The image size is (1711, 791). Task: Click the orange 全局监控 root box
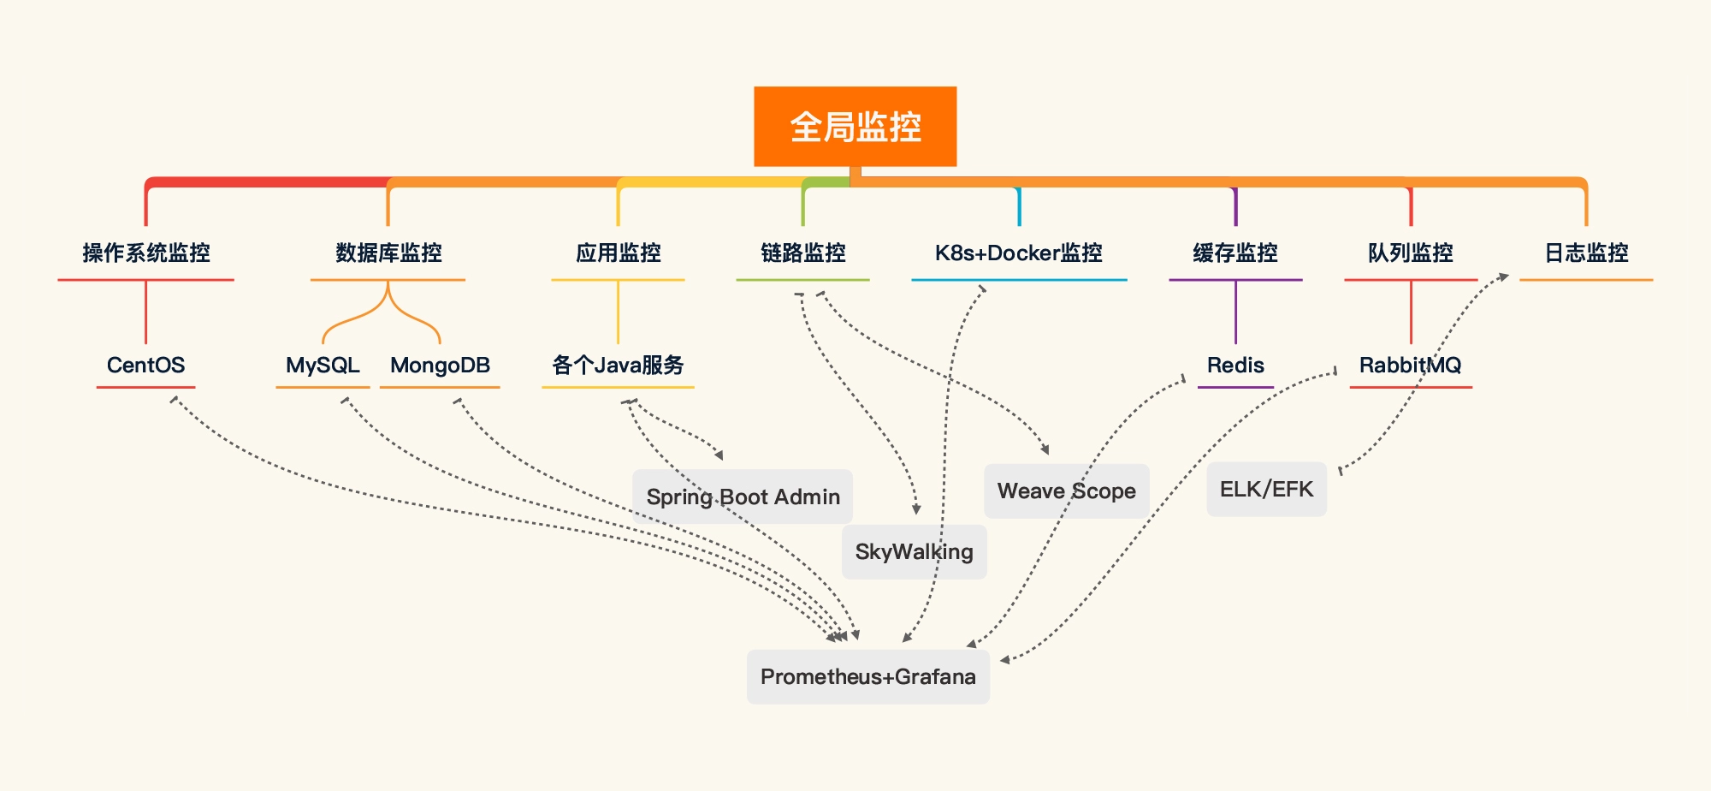tap(855, 127)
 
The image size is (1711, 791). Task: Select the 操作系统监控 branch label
tap(146, 253)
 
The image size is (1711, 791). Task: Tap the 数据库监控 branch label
tap(388, 253)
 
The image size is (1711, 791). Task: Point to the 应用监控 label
tap(618, 253)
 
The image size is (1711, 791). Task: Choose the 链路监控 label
tap(802, 253)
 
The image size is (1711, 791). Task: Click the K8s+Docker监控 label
tap(1018, 253)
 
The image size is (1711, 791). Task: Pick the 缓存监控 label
tap(1235, 253)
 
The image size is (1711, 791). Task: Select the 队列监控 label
tap(1410, 253)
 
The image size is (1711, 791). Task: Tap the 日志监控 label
tap(1586, 253)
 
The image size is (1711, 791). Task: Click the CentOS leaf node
tap(145, 366)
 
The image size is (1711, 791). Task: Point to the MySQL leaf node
tap(323, 366)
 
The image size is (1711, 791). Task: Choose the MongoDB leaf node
tap(440, 366)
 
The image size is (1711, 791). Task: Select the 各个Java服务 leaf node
tap(618, 366)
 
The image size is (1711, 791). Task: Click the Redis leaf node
tap(1235, 366)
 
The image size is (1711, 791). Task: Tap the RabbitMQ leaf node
tap(1410, 366)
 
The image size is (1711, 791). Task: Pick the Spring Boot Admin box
tap(743, 497)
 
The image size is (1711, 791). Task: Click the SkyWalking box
tap(914, 552)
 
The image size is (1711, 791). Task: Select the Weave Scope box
tap(1066, 491)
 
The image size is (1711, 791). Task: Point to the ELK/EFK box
tap(1266, 490)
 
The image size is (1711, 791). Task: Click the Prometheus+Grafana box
tap(867, 677)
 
